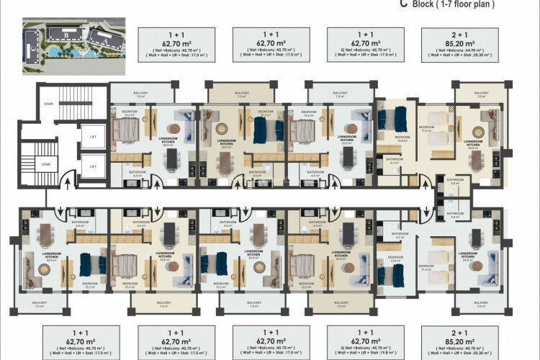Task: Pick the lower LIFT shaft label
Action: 91,167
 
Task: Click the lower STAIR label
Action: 45,164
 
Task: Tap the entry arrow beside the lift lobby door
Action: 68,186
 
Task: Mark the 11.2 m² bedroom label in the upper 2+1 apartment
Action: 426,131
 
